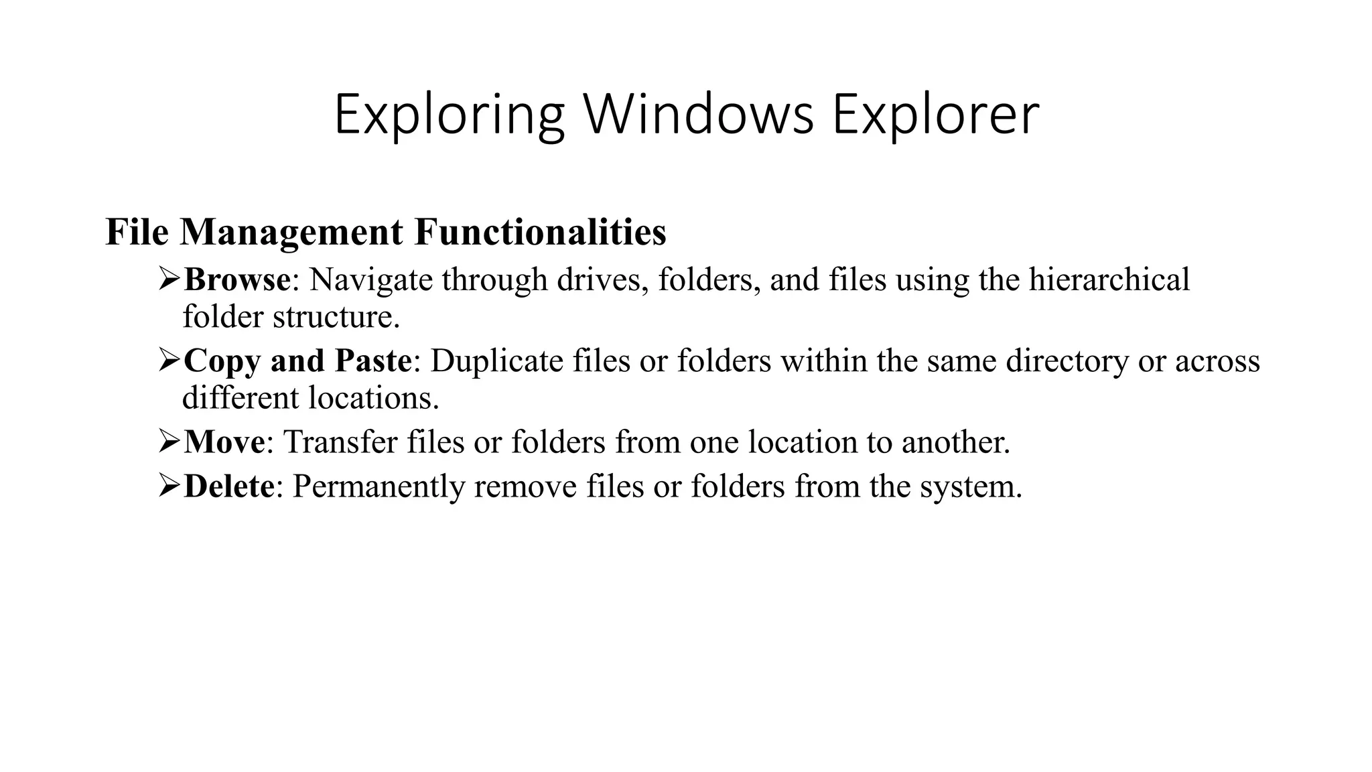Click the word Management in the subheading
291,232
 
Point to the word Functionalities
540,232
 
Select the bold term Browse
237,279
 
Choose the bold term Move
224,442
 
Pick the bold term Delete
228,486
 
